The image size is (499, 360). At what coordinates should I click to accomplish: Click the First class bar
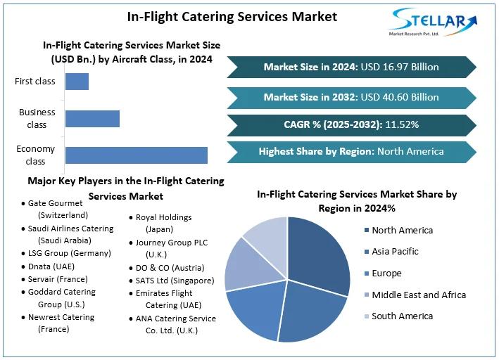coord(77,82)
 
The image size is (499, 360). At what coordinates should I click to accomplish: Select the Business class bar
coord(92,118)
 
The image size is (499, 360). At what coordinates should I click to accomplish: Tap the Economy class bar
coord(136,155)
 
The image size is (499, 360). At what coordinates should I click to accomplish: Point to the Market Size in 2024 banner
coord(351,67)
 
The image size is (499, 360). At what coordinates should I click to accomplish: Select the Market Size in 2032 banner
coord(351,97)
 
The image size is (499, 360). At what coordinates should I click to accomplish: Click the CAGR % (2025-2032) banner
coord(351,124)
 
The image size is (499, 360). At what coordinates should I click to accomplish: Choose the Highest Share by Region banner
coord(351,151)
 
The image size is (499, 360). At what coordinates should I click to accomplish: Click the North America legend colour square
coord(366,231)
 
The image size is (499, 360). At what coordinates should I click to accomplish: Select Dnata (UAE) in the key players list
coord(51,266)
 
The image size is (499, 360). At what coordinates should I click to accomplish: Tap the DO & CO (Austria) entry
coord(169,268)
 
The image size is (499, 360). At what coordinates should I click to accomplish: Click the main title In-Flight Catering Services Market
coord(232,15)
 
